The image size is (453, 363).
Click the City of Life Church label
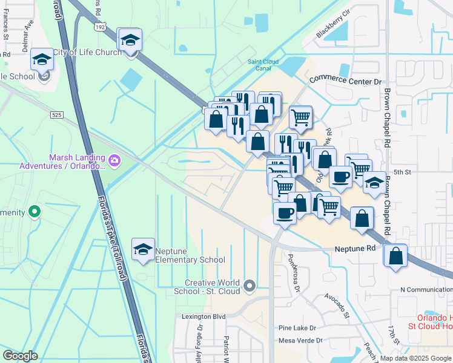point(88,53)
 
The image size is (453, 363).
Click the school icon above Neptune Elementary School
point(143,250)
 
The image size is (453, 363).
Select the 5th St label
point(402,172)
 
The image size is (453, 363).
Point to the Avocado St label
point(337,306)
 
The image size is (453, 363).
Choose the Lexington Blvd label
point(203,316)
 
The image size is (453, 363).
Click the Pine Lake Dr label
point(297,327)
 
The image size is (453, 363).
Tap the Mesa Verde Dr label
point(301,341)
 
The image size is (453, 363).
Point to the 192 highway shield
point(101,27)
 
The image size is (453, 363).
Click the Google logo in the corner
point(20,355)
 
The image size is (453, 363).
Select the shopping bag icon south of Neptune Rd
point(395,255)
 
